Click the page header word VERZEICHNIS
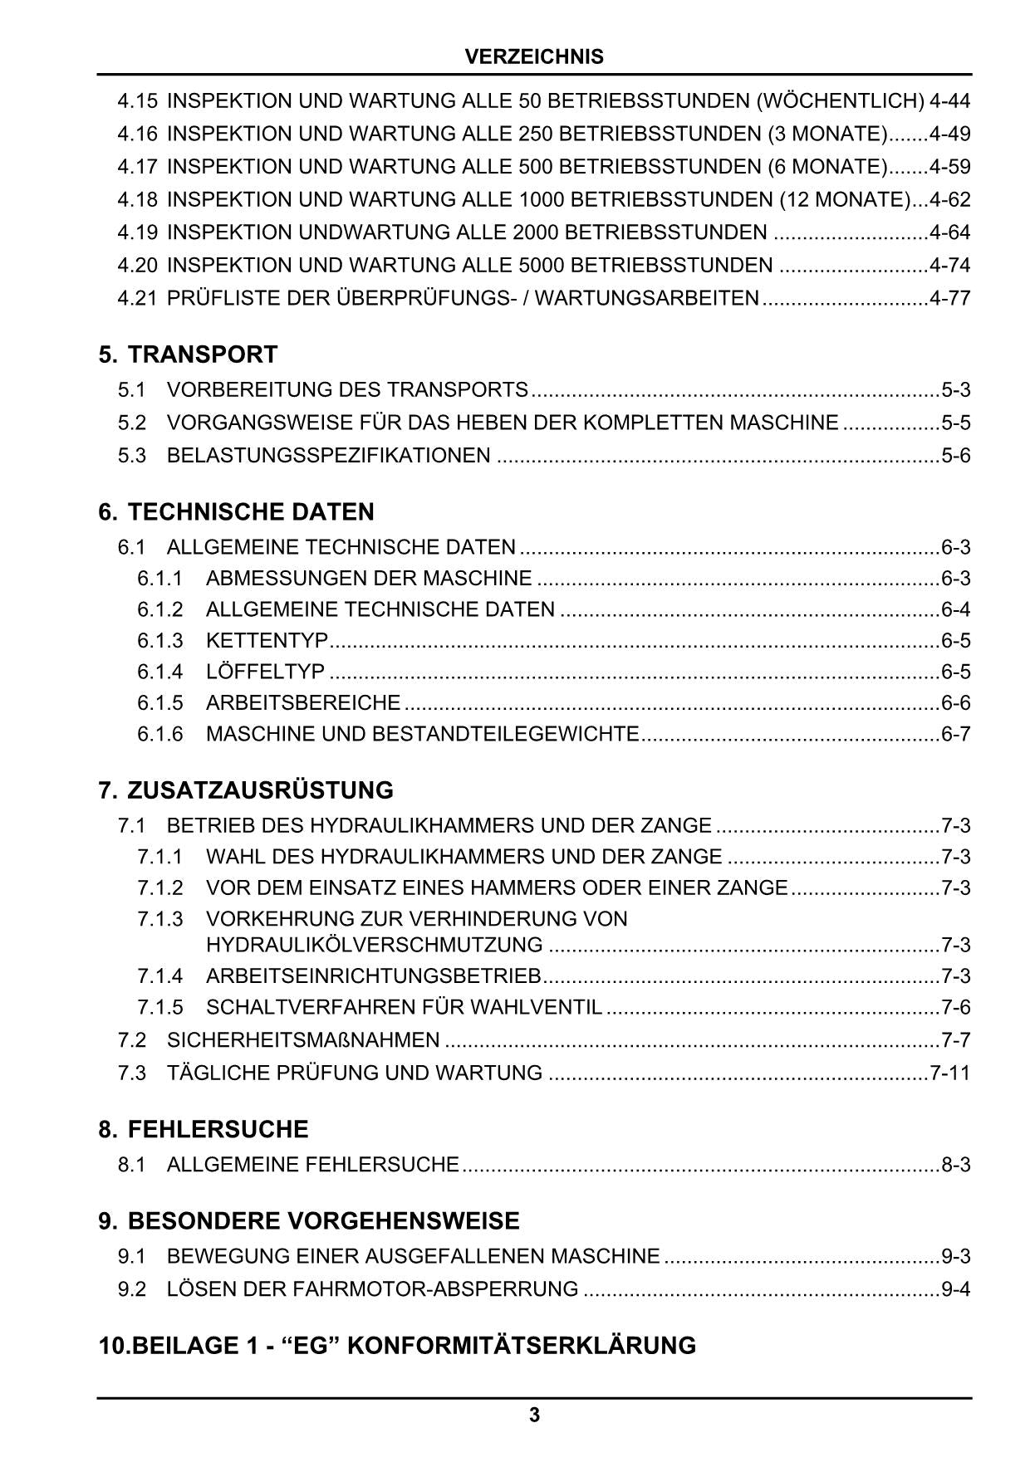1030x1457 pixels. [534, 57]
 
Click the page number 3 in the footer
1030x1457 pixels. [534, 1415]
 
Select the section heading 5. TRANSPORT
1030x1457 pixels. [188, 354]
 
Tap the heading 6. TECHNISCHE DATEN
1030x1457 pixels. [236, 511]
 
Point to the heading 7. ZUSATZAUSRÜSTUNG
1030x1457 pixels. [246, 790]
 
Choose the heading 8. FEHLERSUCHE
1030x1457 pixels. [203, 1129]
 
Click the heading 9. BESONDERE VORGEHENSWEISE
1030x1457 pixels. [309, 1220]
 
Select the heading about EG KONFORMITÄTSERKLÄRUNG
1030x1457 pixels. [397, 1345]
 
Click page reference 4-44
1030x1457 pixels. [949, 101]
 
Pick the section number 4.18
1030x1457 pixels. [137, 200]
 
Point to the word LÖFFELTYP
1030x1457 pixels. [265, 672]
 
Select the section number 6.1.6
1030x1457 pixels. [159, 734]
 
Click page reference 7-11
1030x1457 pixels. [949, 1073]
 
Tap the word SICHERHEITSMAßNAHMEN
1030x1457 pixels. [303, 1039]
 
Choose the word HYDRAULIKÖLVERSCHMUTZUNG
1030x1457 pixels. [374, 945]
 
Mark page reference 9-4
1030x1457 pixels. [955, 1289]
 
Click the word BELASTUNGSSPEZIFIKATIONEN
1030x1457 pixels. [328, 456]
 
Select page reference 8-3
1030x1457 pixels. [955, 1165]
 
